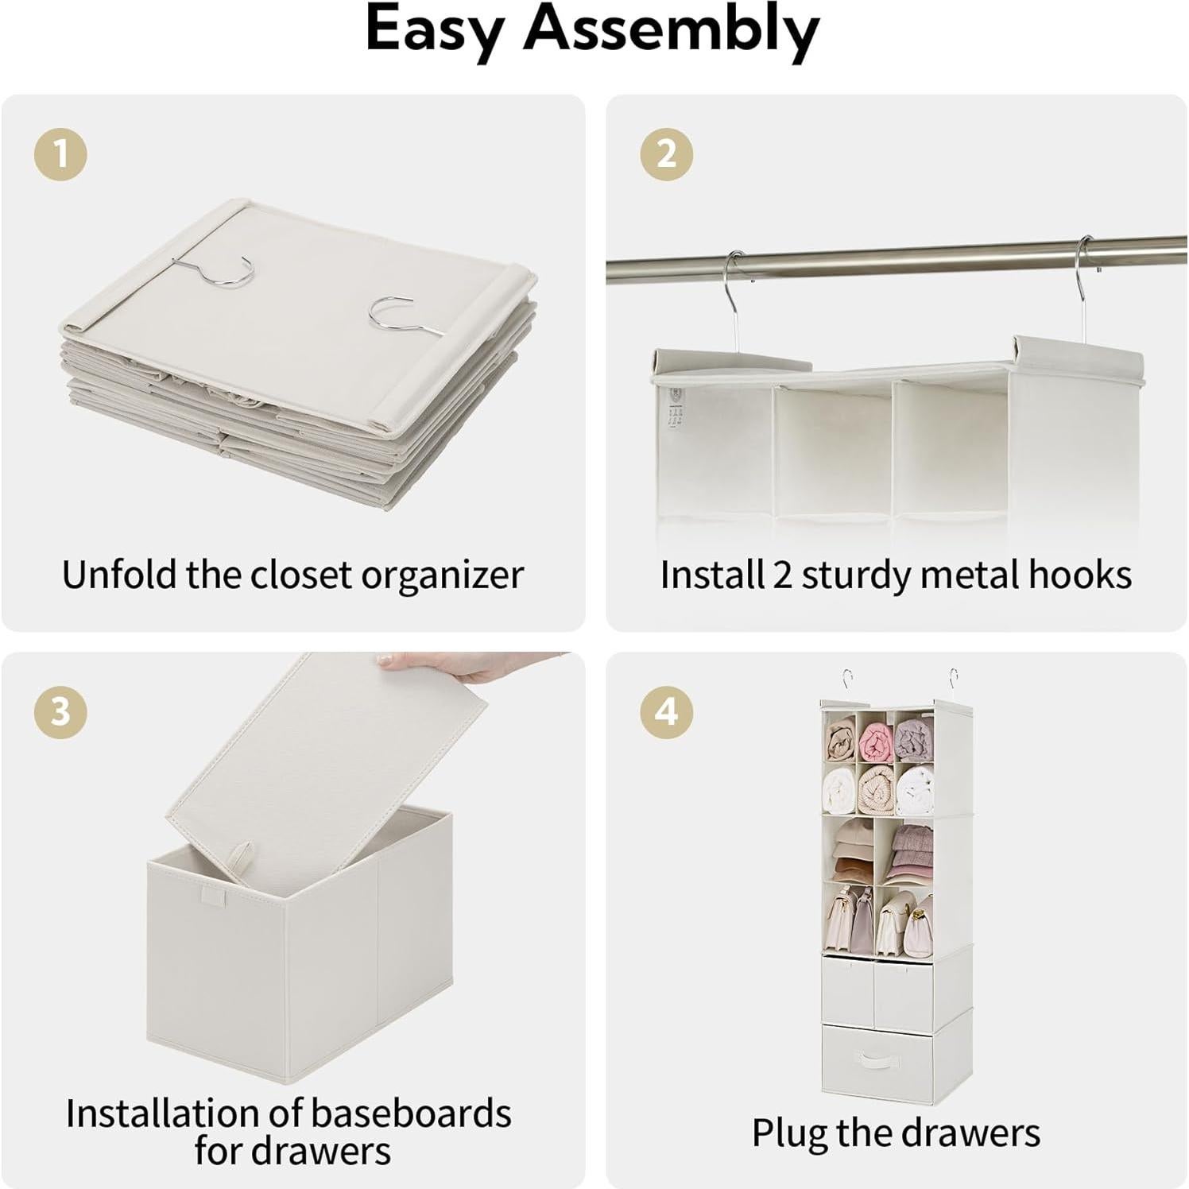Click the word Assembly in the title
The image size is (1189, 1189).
coord(672,30)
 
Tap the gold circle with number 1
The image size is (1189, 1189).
coord(60,153)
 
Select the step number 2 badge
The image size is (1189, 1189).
coord(666,153)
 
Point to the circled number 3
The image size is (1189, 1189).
coord(60,711)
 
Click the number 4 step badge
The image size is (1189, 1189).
coord(666,711)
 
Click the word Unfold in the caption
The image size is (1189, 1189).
coord(119,574)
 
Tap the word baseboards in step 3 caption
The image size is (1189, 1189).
coord(412,1113)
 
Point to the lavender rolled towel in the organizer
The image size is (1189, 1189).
coord(913,742)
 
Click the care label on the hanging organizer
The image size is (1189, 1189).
coord(675,407)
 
